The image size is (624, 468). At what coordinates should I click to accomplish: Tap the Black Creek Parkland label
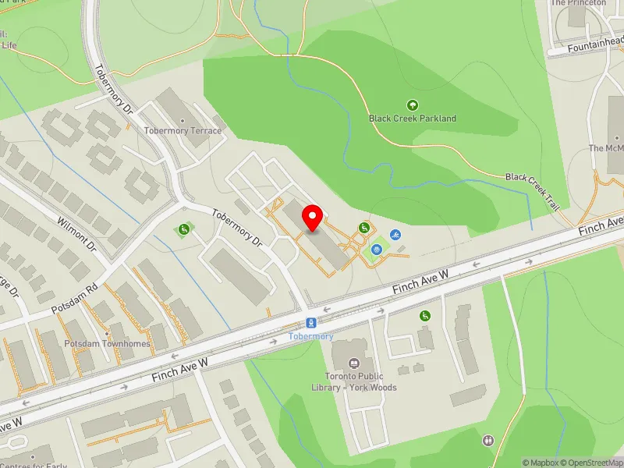click(x=413, y=119)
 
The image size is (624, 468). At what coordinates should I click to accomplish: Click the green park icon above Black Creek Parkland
click(x=413, y=105)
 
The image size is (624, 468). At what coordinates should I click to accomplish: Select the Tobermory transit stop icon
click(x=311, y=323)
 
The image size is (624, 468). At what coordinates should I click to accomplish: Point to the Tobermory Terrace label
click(x=183, y=131)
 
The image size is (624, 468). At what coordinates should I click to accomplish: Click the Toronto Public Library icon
click(x=355, y=363)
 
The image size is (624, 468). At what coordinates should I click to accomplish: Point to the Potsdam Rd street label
click(x=75, y=299)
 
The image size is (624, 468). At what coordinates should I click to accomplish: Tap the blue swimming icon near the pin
click(x=396, y=235)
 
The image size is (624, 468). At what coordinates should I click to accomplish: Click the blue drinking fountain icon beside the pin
click(x=378, y=250)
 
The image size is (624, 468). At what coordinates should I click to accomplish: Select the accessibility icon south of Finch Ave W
click(x=424, y=316)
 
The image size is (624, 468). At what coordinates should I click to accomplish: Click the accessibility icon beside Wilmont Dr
click(x=184, y=229)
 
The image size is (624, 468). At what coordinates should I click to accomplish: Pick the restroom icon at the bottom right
click(x=488, y=441)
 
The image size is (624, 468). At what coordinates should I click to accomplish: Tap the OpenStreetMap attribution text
click(x=592, y=463)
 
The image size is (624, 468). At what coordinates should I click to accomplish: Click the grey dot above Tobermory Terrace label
click(x=183, y=121)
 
